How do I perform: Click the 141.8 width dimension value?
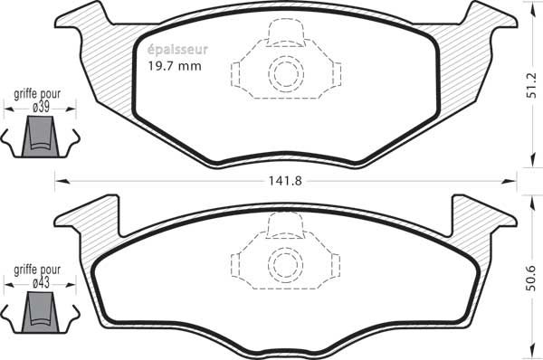coord(285,181)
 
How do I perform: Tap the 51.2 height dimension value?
coord(531,85)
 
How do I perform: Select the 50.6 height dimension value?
coord(531,278)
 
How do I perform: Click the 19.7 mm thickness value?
coord(175,66)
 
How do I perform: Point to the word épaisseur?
coord(177,50)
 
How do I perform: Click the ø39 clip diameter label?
coord(41,107)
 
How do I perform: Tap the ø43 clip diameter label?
coord(41,283)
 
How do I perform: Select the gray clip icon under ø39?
coord(40,137)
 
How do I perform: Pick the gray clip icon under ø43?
coord(40,312)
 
